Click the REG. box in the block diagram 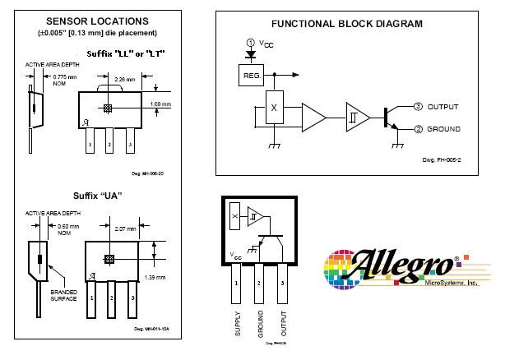[251, 76]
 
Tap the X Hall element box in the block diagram [274, 108]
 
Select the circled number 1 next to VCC [251, 43]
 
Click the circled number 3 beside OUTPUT [418, 107]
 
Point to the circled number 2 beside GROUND [418, 129]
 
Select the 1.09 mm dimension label [161, 104]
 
